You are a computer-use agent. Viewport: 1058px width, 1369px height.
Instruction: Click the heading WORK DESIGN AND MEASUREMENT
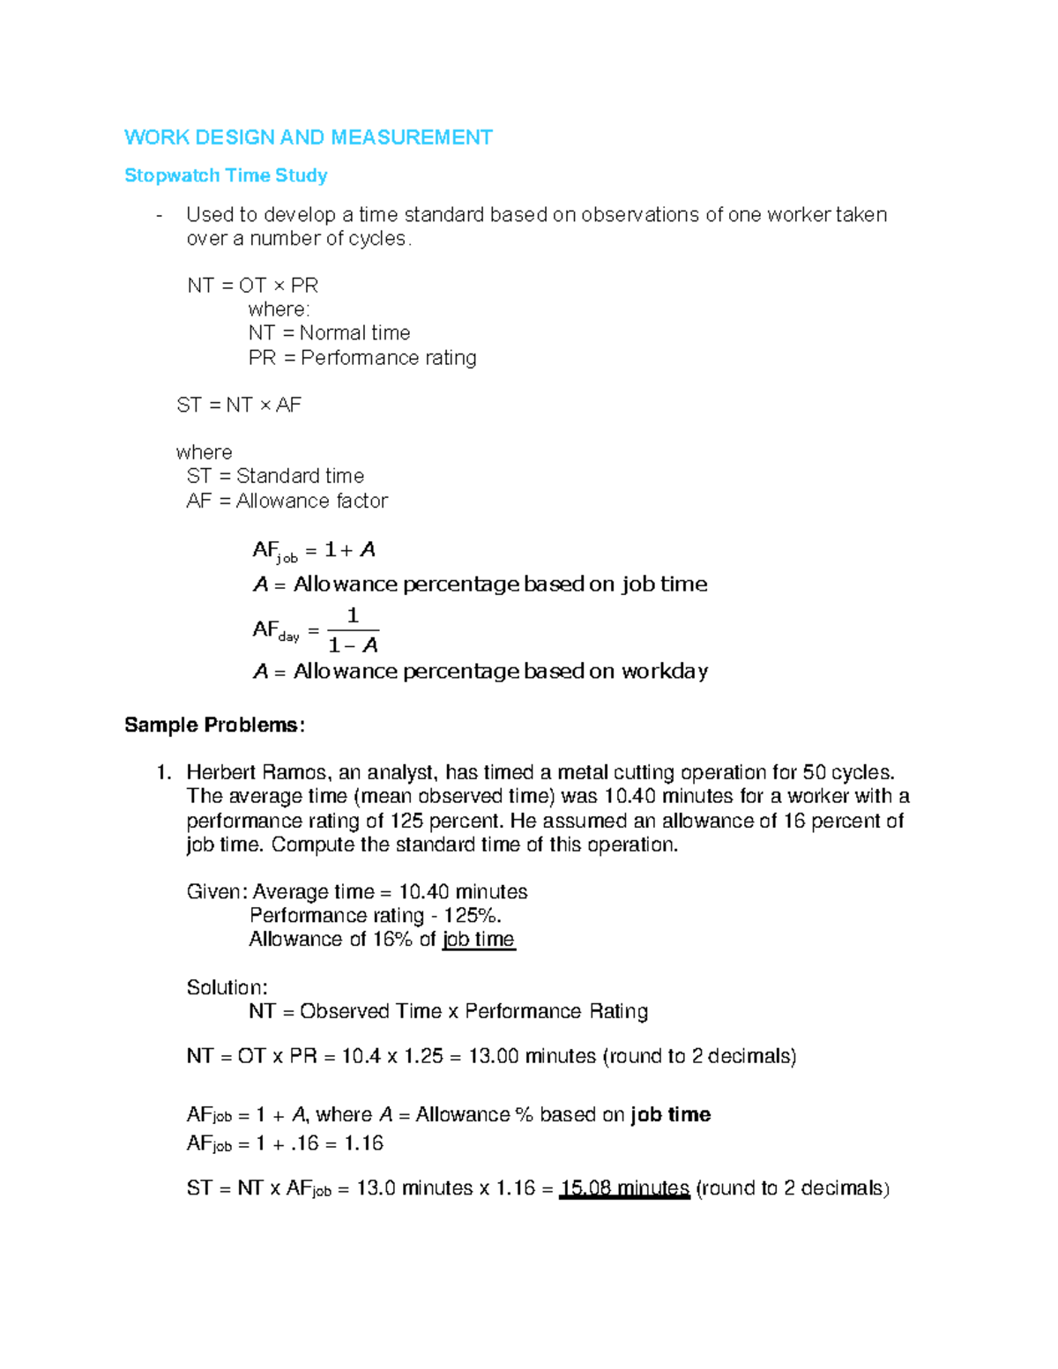tap(308, 138)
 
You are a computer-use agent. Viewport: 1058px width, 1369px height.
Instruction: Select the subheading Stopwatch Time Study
tap(226, 175)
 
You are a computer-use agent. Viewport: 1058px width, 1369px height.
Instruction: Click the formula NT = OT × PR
tap(252, 286)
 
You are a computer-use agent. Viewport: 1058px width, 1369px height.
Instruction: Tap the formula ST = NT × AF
tap(239, 405)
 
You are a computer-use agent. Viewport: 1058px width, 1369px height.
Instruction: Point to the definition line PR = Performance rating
tap(362, 357)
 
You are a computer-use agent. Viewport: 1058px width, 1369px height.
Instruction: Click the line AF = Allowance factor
tap(287, 501)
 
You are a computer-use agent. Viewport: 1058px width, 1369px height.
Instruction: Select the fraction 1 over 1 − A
tap(353, 630)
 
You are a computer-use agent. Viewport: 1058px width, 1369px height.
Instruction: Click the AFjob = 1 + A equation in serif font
tap(314, 551)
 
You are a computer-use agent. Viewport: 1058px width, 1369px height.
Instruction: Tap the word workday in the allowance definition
tap(664, 672)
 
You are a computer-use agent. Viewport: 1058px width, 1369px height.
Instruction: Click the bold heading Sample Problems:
tap(214, 725)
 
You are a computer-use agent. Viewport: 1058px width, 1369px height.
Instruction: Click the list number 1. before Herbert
tap(163, 773)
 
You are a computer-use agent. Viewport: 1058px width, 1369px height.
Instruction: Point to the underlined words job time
tap(478, 940)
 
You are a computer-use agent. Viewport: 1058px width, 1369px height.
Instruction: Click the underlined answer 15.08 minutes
tap(624, 1188)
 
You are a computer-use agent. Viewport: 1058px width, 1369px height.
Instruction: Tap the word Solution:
tap(227, 987)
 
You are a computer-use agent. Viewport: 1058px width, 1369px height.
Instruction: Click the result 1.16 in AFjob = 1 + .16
tap(363, 1143)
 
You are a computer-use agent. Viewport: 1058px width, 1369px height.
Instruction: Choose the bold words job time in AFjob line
tap(670, 1114)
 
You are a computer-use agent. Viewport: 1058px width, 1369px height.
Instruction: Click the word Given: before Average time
tap(217, 892)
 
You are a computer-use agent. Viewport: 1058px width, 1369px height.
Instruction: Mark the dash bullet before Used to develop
tap(159, 215)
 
